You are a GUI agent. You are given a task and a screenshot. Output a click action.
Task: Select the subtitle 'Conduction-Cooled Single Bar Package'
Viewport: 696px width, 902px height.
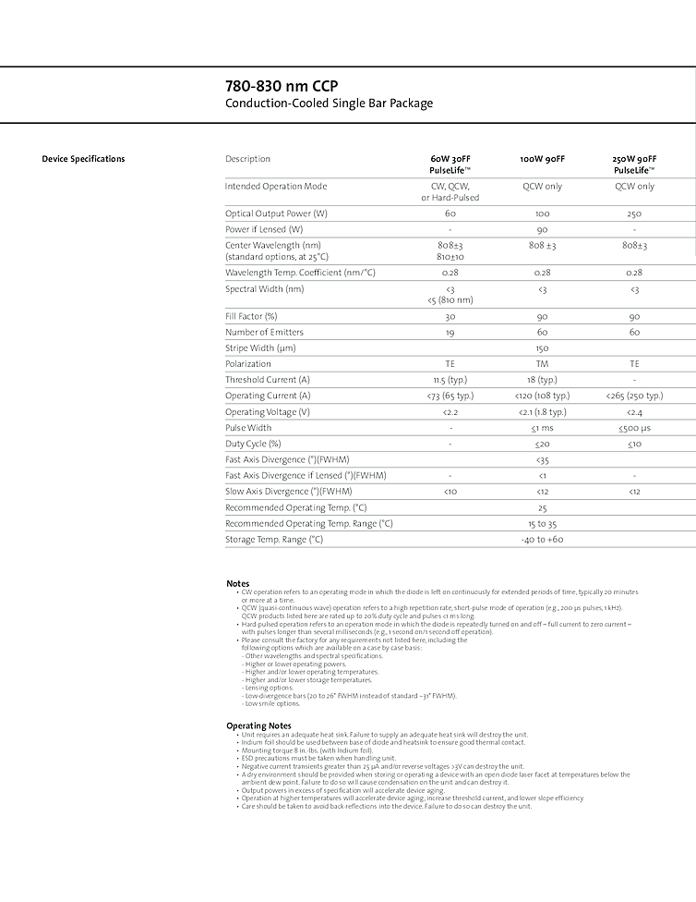click(x=329, y=104)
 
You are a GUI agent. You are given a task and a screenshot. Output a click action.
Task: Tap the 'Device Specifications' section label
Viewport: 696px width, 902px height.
click(x=83, y=159)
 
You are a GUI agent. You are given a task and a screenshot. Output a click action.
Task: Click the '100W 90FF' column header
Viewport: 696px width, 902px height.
click(x=542, y=159)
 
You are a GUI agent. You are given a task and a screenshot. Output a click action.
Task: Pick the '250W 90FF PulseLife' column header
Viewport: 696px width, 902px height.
click(x=634, y=165)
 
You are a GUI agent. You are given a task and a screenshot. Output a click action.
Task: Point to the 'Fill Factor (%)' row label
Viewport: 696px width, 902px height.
click(x=251, y=316)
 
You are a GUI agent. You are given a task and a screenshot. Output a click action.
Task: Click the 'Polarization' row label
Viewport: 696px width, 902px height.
click(x=248, y=364)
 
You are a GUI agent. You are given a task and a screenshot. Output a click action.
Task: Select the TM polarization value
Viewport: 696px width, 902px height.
click(x=542, y=364)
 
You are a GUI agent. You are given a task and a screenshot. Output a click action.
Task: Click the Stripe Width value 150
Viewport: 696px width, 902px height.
click(x=542, y=348)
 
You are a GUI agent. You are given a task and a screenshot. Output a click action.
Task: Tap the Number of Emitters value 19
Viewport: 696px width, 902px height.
click(x=450, y=332)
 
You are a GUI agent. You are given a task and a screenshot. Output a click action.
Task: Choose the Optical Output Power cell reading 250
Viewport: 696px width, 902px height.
click(x=634, y=213)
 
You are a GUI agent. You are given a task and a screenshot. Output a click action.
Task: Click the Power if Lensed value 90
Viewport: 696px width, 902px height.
click(x=542, y=229)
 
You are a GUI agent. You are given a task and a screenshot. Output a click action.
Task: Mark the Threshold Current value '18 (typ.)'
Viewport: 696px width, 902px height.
click(x=542, y=380)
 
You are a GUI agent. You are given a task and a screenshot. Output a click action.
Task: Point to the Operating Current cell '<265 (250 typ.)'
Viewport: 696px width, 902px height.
click(x=634, y=396)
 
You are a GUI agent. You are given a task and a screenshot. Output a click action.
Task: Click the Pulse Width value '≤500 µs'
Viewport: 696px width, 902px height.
click(x=634, y=428)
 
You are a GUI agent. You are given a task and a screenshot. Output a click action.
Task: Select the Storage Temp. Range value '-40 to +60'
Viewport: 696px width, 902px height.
click(x=542, y=539)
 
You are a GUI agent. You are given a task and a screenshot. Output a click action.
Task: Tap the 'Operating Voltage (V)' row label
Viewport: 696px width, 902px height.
click(x=268, y=411)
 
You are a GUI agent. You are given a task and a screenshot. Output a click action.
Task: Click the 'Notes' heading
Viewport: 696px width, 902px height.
click(x=237, y=583)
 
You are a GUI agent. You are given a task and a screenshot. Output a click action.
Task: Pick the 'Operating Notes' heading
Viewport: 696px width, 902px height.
click(x=258, y=725)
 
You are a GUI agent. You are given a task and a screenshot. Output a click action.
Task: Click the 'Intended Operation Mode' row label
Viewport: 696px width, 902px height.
click(x=276, y=187)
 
